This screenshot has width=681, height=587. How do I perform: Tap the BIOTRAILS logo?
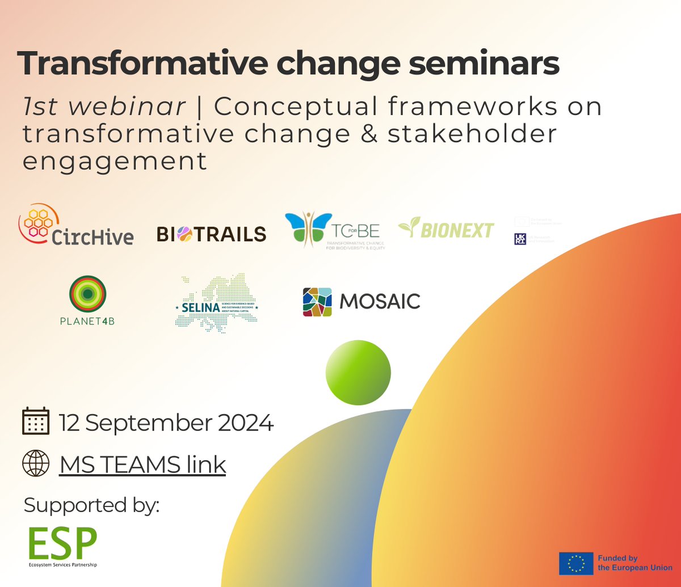point(211,234)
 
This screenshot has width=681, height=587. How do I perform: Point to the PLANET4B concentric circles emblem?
point(88,293)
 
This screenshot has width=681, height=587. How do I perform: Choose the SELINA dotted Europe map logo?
point(216,301)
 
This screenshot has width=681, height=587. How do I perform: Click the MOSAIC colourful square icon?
point(317,302)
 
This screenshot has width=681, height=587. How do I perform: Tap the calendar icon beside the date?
point(35,421)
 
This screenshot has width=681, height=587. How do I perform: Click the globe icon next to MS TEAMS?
point(35,464)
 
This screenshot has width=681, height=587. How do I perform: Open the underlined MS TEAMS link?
point(142,464)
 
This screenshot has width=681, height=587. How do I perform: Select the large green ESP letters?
point(63,543)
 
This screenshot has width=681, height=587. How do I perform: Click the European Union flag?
point(576,563)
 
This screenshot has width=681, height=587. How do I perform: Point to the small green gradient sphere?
point(358,372)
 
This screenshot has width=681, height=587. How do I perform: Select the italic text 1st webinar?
point(104,107)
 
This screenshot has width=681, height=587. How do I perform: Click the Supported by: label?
point(91,505)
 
